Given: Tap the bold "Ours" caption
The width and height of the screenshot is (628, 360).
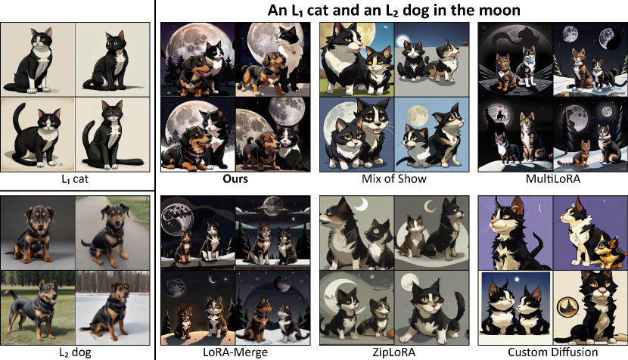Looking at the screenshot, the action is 235,179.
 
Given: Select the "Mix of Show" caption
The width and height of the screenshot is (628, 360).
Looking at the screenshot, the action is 393,179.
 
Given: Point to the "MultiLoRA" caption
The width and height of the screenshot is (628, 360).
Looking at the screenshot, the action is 552,179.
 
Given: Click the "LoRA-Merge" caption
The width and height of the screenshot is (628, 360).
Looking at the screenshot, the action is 235,352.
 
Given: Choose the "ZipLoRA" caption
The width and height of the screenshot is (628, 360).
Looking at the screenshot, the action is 393,352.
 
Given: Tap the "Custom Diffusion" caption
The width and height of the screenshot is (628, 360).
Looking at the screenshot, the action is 552,352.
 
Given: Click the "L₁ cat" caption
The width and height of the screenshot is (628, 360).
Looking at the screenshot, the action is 75,179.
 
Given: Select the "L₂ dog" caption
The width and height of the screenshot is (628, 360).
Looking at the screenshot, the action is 75,352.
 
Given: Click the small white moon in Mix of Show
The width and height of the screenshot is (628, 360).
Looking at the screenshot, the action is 402,42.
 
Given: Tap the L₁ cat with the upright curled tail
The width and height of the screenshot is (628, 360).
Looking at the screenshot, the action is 36,135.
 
